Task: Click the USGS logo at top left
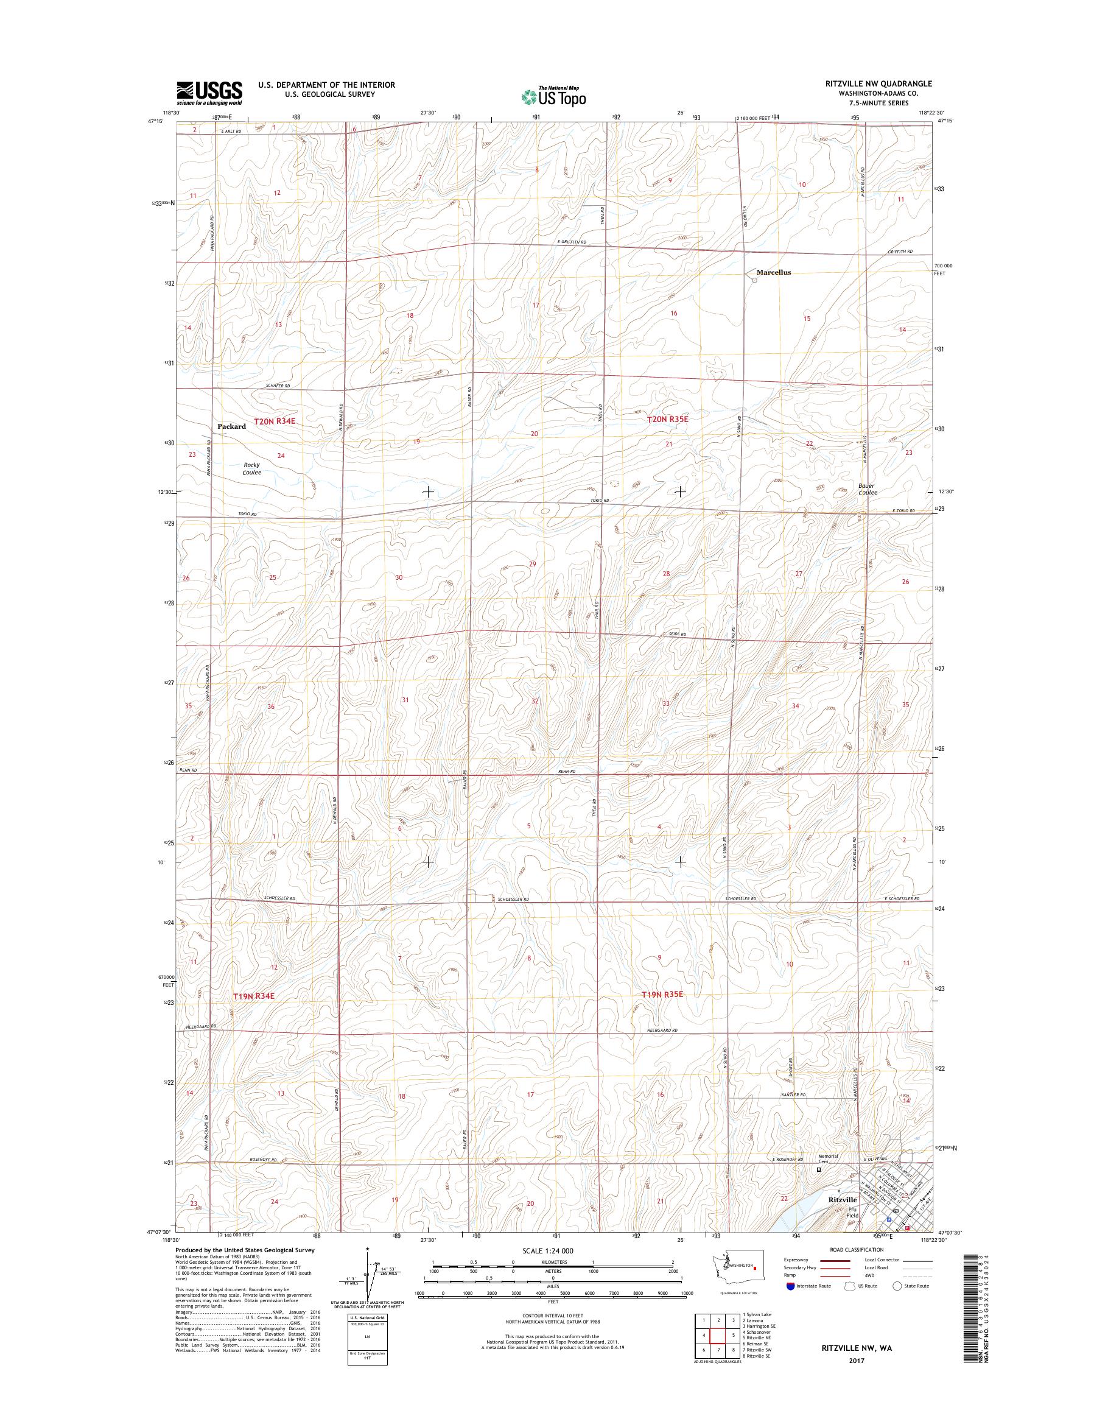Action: pos(209,93)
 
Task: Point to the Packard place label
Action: pos(231,426)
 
